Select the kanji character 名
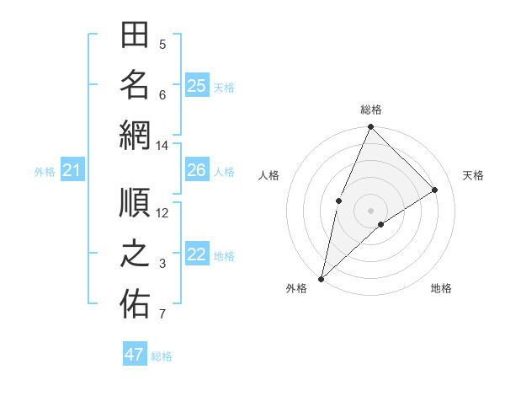click(x=135, y=85)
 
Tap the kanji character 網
click(x=135, y=136)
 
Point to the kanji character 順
click(x=135, y=203)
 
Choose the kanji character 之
click(x=135, y=255)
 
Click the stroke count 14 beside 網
click(x=162, y=146)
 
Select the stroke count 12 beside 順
click(x=162, y=212)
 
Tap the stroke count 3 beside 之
click(x=162, y=264)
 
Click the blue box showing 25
click(x=197, y=85)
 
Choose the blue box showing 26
click(x=197, y=170)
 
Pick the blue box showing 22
click(x=197, y=254)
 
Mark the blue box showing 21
click(x=72, y=171)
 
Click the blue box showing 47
click(x=135, y=355)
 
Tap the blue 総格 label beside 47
click(x=162, y=356)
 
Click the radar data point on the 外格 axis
click(x=321, y=278)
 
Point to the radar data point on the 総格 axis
click(x=370, y=128)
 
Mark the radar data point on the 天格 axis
click(x=435, y=190)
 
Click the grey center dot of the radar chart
click(x=370, y=210)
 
